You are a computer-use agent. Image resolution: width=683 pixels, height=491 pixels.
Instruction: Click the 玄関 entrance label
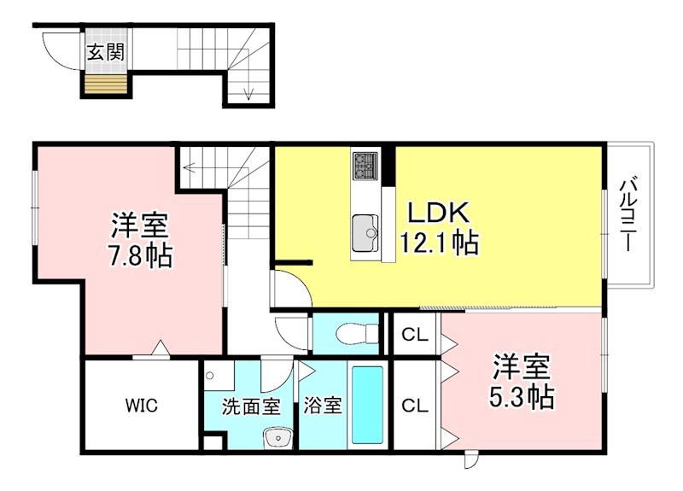pyautogui.click(x=105, y=51)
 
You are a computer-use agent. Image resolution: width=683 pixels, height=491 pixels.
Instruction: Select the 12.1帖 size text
pyautogui.click(x=439, y=243)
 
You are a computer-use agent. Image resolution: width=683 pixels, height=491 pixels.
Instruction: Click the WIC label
pyautogui.click(x=142, y=405)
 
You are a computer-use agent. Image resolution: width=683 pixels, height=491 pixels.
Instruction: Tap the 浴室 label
pyautogui.click(x=322, y=406)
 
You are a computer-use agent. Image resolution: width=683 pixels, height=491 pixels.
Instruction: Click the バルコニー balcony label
pyautogui.click(x=629, y=213)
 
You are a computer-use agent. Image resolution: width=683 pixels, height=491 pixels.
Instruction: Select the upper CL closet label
pyautogui.click(x=415, y=336)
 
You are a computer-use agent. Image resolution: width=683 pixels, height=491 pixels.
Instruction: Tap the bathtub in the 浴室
pyautogui.click(x=367, y=405)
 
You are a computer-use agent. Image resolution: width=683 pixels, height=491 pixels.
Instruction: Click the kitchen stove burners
pyautogui.click(x=365, y=165)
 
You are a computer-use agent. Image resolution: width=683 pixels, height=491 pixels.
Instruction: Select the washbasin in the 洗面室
pyautogui.click(x=277, y=438)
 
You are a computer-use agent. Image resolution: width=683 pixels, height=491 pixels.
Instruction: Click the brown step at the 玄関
pyautogui.click(x=105, y=84)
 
